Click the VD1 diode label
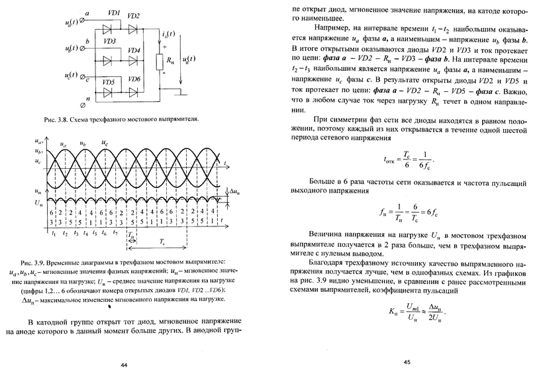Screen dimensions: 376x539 113,13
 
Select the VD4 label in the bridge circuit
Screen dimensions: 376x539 134,50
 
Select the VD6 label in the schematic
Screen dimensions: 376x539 134,80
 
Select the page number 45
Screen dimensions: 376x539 407,363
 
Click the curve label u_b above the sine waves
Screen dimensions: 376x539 82,143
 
